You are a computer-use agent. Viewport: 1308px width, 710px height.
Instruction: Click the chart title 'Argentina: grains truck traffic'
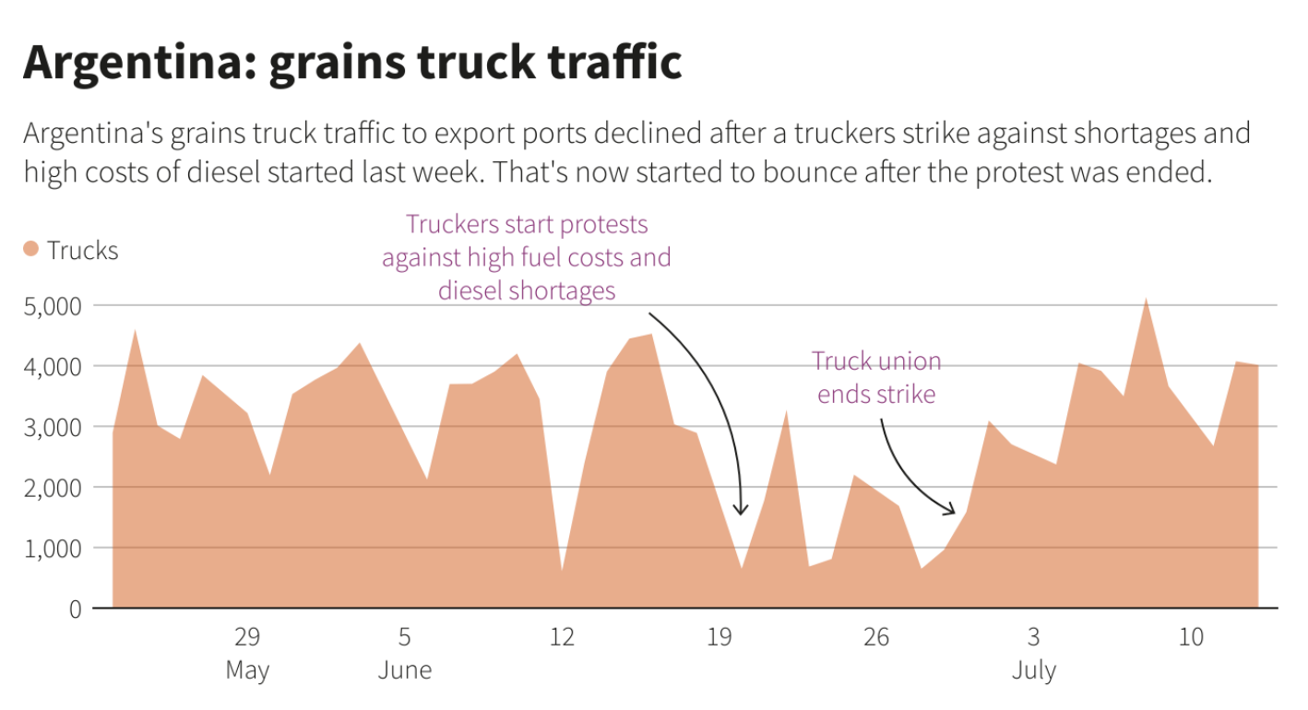click(352, 63)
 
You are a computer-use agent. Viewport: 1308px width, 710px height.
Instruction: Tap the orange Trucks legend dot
click(30, 249)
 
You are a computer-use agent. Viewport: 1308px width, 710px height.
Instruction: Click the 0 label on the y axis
click(75, 609)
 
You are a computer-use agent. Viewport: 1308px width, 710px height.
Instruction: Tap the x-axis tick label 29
click(247, 637)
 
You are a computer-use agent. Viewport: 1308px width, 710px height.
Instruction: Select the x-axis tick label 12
click(562, 637)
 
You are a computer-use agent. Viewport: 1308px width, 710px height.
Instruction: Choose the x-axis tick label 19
click(719, 637)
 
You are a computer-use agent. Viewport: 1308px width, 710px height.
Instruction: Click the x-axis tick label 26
click(876, 637)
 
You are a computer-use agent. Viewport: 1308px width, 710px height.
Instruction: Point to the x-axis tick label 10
click(1191, 637)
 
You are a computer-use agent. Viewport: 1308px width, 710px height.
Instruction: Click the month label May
click(247, 670)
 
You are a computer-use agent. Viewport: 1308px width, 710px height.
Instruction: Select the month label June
click(404, 670)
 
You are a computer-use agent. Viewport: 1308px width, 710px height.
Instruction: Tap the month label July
click(1033, 670)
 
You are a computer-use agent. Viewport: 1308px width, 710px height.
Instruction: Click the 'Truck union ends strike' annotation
click(876, 377)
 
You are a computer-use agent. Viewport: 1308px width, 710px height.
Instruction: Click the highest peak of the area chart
click(1146, 300)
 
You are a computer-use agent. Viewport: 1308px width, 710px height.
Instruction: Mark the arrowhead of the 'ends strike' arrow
click(953, 511)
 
